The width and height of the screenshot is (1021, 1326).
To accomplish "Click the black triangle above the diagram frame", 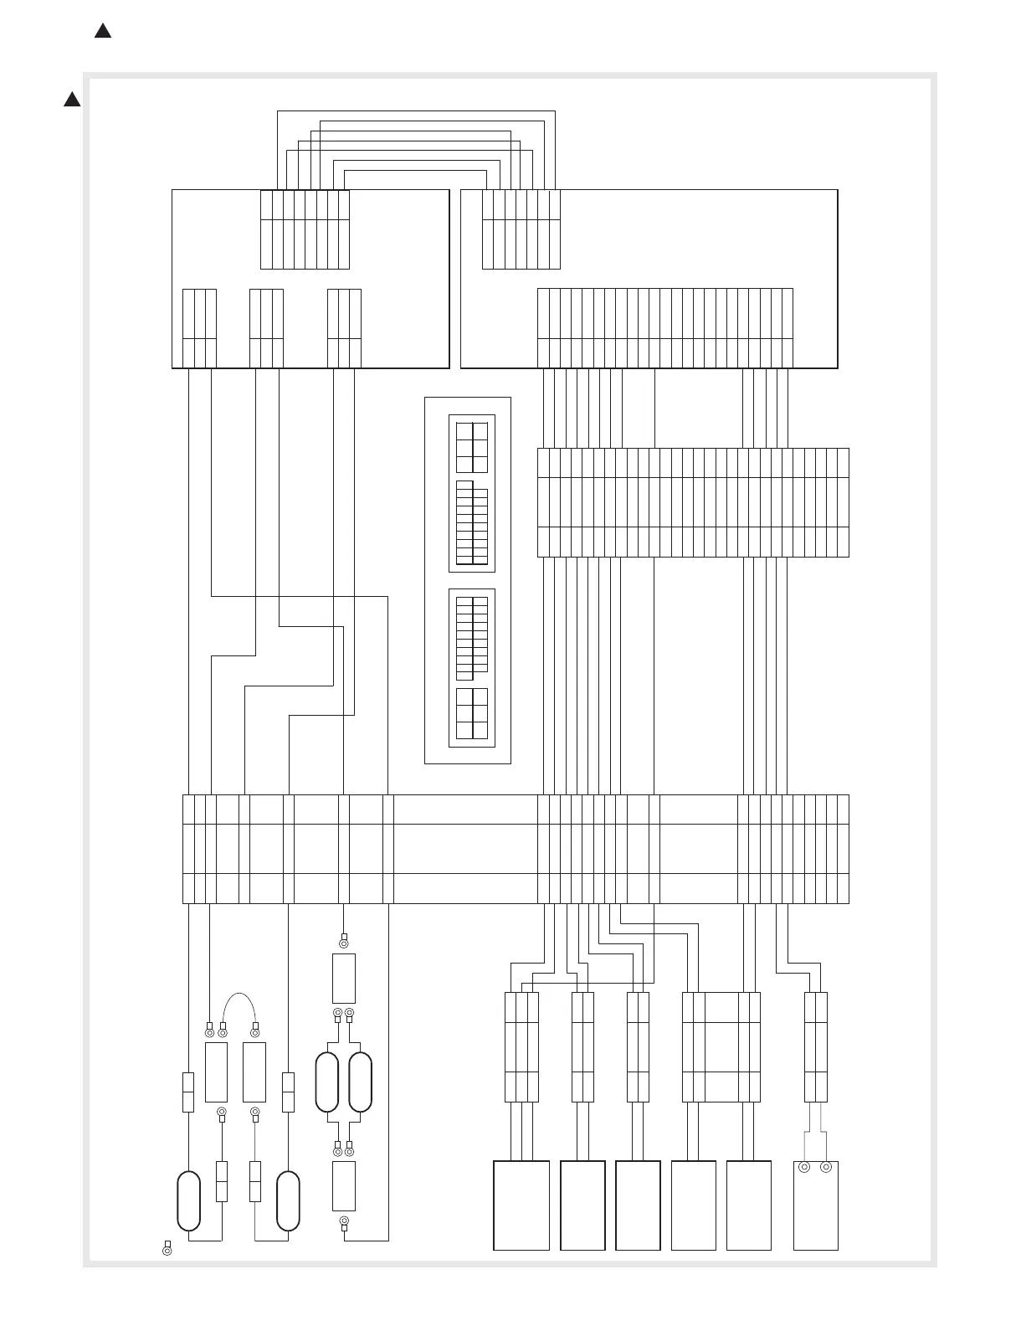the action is click(102, 32).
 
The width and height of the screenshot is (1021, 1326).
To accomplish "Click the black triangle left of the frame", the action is click(72, 100).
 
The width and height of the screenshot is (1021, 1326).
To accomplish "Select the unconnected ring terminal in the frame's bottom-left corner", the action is click(167, 1251).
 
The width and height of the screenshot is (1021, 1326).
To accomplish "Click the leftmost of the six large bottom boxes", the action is click(521, 1205).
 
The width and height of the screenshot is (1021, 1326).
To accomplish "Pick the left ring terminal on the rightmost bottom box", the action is click(805, 1167).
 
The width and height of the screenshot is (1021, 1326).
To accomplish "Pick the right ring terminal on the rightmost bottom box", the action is click(827, 1167).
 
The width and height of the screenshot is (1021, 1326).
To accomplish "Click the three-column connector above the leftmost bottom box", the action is click(521, 1046).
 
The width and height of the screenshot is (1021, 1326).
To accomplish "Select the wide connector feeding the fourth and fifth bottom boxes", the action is click(721, 1046).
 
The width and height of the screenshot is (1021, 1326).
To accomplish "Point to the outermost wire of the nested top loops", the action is click(416, 110).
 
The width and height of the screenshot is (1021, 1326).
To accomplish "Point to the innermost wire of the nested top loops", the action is click(415, 171).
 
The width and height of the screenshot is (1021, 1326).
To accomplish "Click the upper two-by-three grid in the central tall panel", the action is click(472, 447).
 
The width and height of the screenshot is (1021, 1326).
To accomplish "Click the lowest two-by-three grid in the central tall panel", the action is click(472, 713).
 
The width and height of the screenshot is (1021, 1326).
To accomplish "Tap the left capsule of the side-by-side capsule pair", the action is click(326, 1082).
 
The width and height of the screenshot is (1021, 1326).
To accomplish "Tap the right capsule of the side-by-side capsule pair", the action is click(360, 1082).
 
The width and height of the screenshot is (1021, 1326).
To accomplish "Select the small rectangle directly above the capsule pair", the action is click(344, 978).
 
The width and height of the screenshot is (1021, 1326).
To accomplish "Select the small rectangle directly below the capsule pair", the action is click(344, 1185).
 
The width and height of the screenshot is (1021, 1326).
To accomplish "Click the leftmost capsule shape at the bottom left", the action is click(189, 1201).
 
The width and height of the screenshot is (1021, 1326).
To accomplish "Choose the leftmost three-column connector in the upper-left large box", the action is click(199, 328).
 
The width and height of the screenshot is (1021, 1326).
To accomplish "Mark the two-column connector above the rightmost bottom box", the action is click(816, 1046).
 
